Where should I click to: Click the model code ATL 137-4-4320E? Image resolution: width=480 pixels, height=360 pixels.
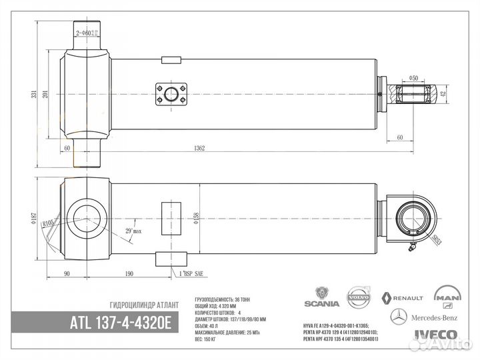121,323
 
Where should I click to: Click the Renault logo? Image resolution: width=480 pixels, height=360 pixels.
403,297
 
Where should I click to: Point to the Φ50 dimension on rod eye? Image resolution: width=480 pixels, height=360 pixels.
414,79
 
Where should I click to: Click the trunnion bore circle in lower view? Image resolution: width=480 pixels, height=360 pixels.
86,219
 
